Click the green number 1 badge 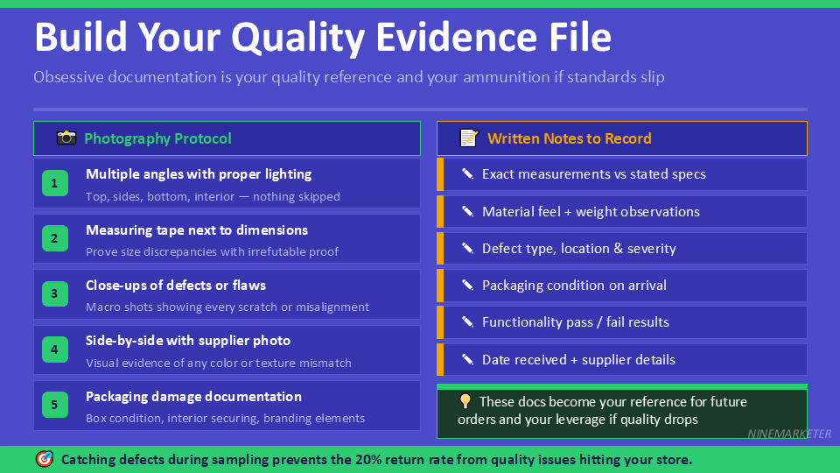pyautogui.click(x=54, y=183)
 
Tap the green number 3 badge pyautogui.click(x=54, y=294)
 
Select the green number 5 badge pyautogui.click(x=54, y=405)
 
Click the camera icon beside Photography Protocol pyautogui.click(x=66, y=138)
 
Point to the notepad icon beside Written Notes pyautogui.click(x=469, y=138)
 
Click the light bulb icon pyautogui.click(x=465, y=402)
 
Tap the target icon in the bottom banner pyautogui.click(x=44, y=459)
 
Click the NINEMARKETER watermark pyautogui.click(x=790, y=434)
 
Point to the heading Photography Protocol pyautogui.click(x=157, y=138)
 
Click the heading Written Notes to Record pyautogui.click(x=569, y=138)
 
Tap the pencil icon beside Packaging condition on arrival pyautogui.click(x=467, y=285)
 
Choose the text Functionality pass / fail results pyautogui.click(x=575, y=322)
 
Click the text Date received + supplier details pyautogui.click(x=578, y=359)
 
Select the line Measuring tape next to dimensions pyautogui.click(x=197, y=230)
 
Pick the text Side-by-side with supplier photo pyautogui.click(x=188, y=341)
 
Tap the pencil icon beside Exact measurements pyautogui.click(x=467, y=174)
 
